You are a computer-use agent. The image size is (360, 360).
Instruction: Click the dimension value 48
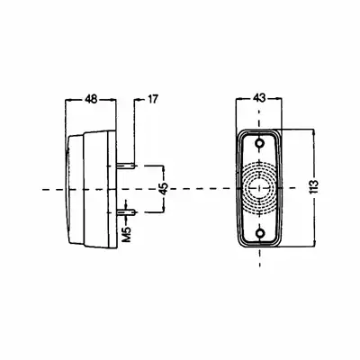91,99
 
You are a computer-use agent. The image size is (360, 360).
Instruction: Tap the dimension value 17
152,99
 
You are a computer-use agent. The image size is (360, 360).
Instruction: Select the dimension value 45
164,189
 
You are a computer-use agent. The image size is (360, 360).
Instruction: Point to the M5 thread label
127,235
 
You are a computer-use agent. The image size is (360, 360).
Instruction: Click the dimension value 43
259,98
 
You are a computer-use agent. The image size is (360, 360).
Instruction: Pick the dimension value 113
313,187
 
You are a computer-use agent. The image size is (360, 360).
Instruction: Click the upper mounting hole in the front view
259,143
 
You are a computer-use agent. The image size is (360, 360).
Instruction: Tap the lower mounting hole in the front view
259,232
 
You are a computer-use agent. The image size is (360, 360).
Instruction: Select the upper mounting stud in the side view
127,166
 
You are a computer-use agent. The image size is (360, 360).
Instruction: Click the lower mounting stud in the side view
127,212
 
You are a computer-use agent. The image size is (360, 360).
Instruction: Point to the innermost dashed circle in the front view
259,188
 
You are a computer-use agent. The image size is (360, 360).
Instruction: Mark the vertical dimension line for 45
164,189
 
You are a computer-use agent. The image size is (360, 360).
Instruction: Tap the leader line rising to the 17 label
135,132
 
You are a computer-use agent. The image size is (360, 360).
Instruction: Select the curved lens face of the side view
67,189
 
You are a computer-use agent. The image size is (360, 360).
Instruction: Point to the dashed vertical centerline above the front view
259,119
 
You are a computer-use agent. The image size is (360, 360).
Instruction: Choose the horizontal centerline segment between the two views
198,188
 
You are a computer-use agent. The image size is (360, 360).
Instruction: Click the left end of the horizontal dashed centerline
43,190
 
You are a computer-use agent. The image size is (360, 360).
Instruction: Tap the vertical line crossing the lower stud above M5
127,212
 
